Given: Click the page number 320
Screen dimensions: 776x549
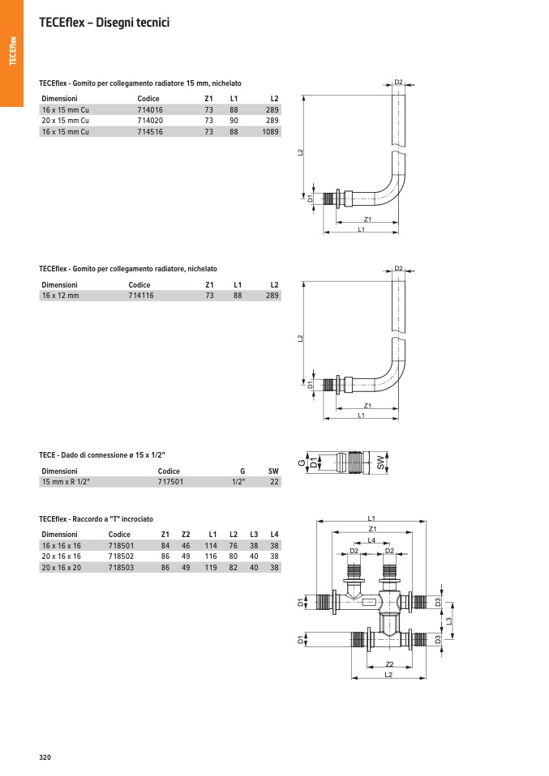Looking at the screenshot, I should [x=45, y=757].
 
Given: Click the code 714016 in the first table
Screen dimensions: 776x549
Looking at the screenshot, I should [x=150, y=109].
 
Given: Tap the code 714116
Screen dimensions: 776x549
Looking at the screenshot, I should [x=141, y=296].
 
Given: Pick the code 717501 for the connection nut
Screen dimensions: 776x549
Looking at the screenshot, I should [x=170, y=481].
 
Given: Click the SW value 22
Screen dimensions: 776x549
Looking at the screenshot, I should [x=274, y=481].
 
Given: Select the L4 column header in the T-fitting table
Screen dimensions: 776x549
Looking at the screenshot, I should [x=274, y=535].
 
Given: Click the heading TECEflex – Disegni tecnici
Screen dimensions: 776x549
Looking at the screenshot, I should [x=104, y=23].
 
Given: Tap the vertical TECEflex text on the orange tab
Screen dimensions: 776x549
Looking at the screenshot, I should [x=12, y=51].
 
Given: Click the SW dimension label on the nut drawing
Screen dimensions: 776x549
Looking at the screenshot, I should [x=380, y=463].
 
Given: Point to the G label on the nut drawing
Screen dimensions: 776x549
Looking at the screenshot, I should [x=300, y=463].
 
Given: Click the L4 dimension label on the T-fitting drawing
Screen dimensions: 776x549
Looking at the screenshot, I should [x=371, y=539].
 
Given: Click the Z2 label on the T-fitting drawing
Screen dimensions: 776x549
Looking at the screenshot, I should [x=388, y=664].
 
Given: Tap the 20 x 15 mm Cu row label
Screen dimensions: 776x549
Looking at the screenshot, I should [x=65, y=120].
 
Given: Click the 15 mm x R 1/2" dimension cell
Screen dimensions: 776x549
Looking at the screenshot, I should [x=66, y=481].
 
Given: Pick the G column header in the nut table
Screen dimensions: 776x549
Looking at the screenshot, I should [x=242, y=471].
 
